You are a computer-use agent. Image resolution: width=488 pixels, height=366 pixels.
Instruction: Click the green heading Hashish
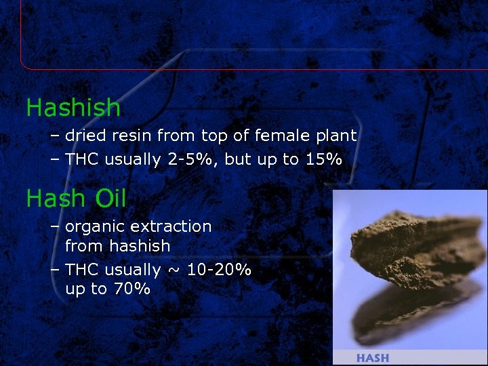pos(73,108)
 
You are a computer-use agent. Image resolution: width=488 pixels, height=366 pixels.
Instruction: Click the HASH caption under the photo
pos(372,358)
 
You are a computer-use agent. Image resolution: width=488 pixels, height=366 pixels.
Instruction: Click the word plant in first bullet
pos(336,136)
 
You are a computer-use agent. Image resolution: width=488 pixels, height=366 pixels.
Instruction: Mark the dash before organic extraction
pos(55,227)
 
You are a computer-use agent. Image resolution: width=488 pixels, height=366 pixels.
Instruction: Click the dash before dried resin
pos(55,136)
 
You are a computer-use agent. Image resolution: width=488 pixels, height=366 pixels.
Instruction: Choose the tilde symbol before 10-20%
pos(175,270)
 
